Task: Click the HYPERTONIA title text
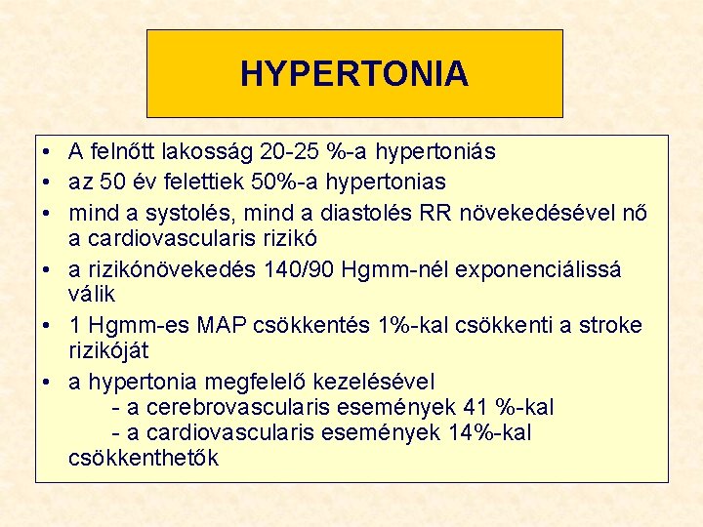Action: click(x=354, y=74)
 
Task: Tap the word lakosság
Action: click(x=204, y=152)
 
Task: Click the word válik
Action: click(x=92, y=294)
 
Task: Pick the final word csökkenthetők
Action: click(x=145, y=458)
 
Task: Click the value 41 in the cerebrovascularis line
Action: click(x=476, y=406)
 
